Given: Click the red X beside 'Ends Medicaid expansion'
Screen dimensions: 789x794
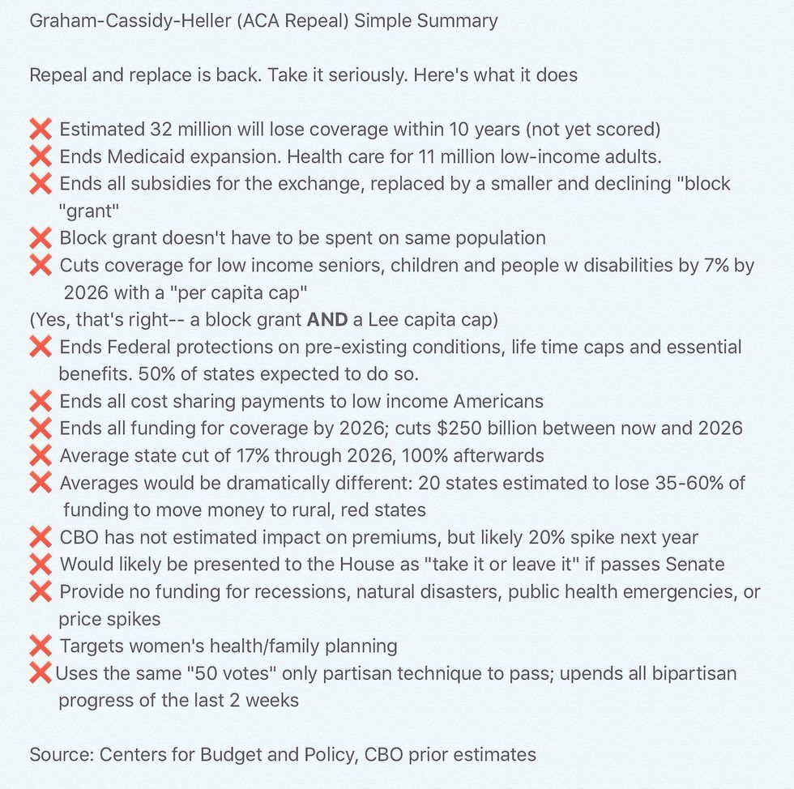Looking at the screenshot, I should tap(41, 156).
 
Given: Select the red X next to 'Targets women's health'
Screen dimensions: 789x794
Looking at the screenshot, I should tap(41, 646).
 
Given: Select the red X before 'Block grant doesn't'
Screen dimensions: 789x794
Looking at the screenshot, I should tap(41, 238).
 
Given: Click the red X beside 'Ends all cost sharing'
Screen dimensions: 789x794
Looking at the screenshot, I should tap(41, 401).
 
